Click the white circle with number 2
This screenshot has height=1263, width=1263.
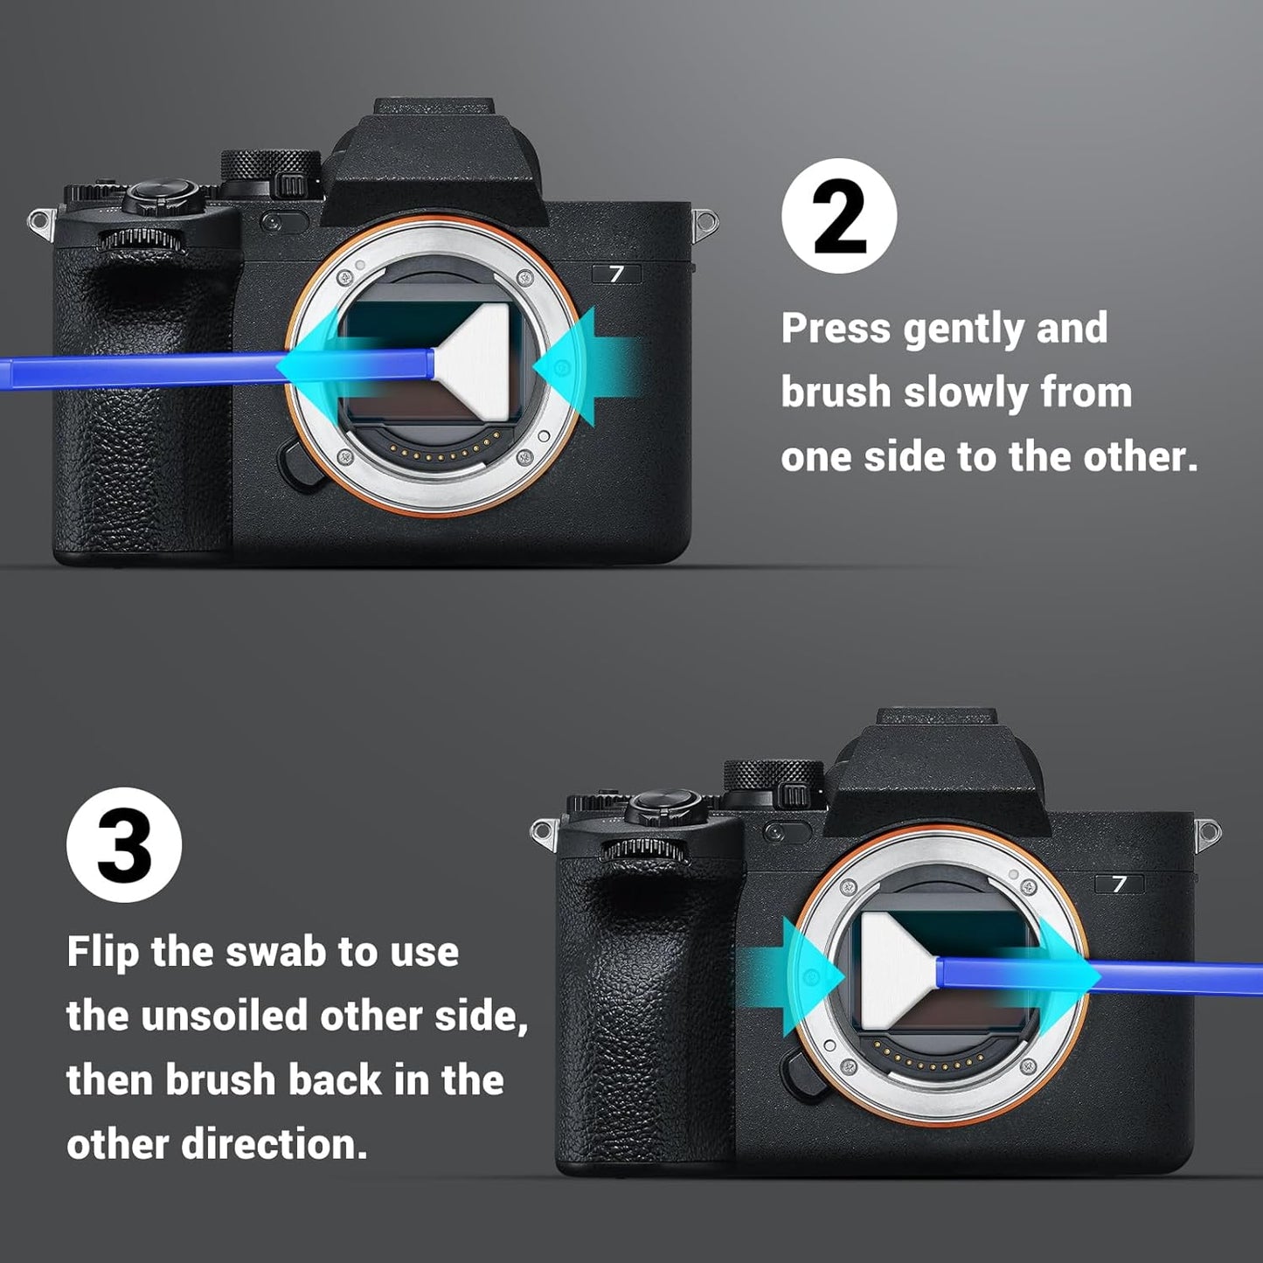tap(838, 216)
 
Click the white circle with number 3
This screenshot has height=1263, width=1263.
tap(124, 844)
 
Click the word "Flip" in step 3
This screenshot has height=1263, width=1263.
tap(102, 952)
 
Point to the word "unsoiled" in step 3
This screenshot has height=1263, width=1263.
tap(225, 1016)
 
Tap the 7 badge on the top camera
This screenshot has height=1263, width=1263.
tap(617, 274)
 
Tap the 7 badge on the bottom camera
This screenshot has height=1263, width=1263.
tap(1120, 884)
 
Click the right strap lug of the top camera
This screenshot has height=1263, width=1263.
tap(705, 224)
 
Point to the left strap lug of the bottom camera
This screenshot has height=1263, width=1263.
tap(544, 832)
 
